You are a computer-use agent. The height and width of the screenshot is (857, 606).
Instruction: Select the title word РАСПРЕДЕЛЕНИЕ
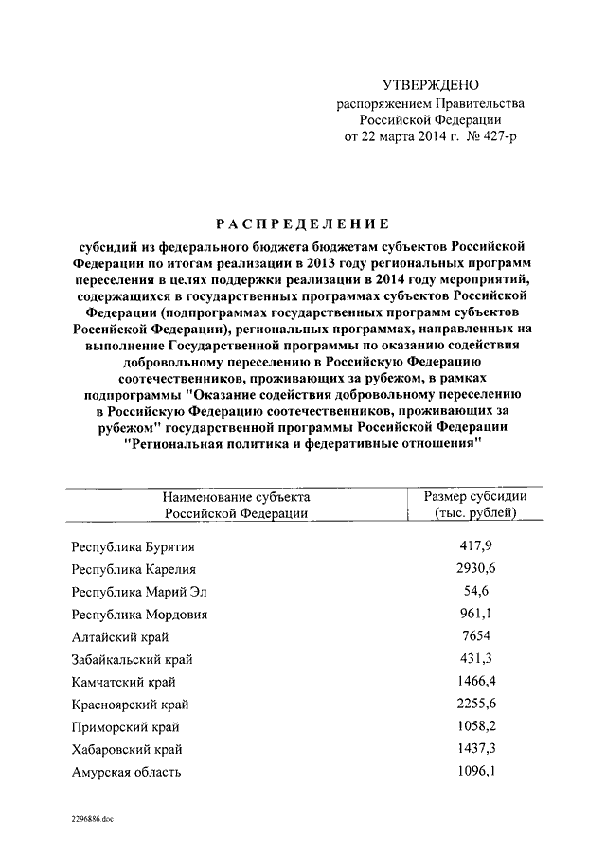point(302,224)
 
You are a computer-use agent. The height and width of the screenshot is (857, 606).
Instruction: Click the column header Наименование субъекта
point(236,496)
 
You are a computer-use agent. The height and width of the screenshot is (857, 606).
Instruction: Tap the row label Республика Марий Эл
point(138,592)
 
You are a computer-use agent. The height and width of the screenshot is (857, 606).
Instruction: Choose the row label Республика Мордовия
point(139,615)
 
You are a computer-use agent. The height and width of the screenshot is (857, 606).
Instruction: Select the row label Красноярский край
point(130,705)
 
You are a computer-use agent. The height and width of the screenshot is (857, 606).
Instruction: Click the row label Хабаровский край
point(126,749)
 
